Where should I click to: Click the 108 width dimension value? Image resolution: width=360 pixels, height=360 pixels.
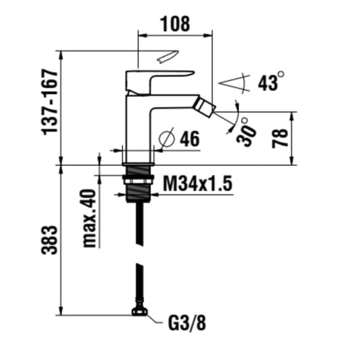(176, 24)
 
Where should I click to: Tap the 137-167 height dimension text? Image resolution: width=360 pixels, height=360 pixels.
(49, 103)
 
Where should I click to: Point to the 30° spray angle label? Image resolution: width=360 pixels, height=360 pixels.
(246, 132)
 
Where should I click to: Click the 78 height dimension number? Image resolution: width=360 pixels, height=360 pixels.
(280, 139)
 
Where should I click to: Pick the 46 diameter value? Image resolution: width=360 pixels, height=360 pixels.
(190, 139)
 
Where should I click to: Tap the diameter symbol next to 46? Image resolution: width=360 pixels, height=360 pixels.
(167, 138)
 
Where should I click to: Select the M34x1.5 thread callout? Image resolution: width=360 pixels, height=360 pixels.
(197, 184)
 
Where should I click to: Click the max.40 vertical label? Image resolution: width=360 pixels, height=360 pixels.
(89, 218)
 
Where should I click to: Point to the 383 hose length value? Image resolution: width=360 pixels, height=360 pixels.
(49, 240)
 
